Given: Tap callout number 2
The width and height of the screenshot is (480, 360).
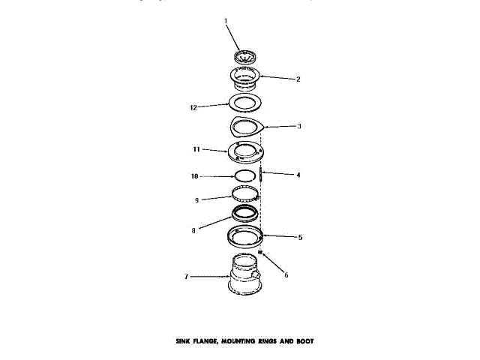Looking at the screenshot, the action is [x=298, y=79].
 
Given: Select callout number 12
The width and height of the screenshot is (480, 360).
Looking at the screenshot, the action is [x=193, y=107].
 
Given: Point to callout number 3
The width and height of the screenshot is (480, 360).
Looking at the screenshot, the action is [x=298, y=127].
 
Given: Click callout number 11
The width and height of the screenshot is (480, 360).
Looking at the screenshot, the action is [x=196, y=150].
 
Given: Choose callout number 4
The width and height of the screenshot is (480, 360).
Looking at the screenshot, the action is [x=298, y=175].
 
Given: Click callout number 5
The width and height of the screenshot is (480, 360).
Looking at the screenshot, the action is [x=300, y=238].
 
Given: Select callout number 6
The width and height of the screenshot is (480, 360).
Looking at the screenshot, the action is [x=286, y=275].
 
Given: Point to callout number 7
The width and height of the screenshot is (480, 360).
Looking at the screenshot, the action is [x=186, y=277].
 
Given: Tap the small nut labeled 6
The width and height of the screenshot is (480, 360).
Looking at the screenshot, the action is [x=260, y=253].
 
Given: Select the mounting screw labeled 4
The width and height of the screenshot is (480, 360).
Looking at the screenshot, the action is [x=260, y=176].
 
